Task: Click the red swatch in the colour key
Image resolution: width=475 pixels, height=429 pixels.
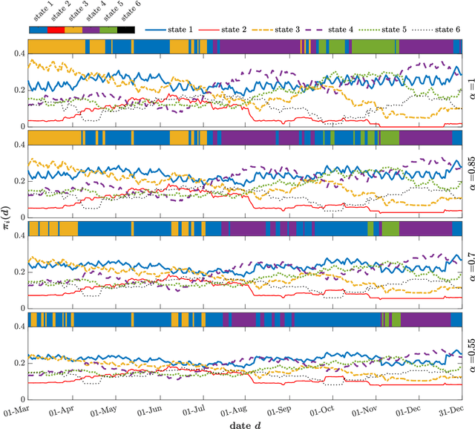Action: pyautogui.click(x=55, y=30)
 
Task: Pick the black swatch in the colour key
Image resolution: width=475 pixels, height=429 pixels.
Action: pyautogui.click(x=125, y=30)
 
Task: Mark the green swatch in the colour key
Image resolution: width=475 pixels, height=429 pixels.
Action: pyautogui.click(x=108, y=30)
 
